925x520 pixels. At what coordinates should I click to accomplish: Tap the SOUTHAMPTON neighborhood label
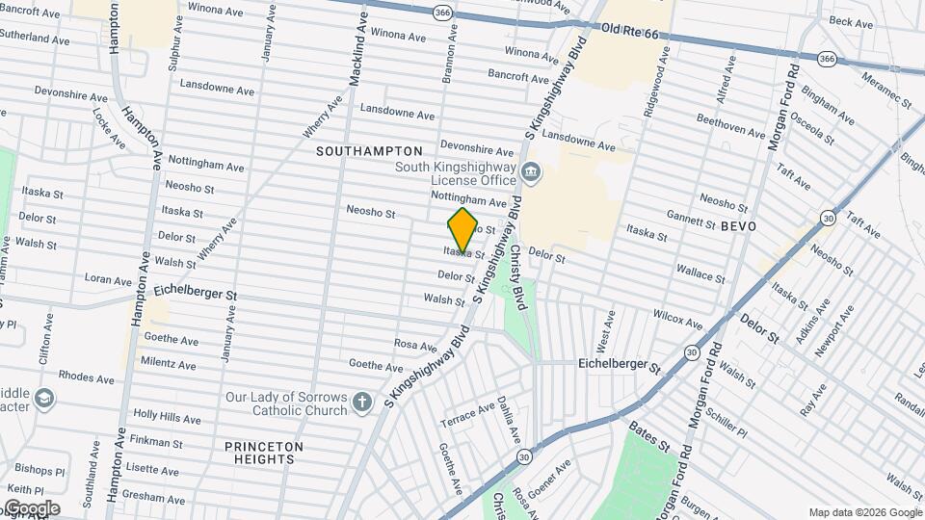pos(369,151)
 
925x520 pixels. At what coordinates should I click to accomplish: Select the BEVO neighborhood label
pos(738,224)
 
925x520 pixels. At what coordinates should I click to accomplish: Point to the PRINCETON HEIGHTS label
pos(264,453)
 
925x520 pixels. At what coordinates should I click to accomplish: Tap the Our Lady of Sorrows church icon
pos(361,402)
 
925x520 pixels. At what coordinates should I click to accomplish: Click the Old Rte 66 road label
pos(629,34)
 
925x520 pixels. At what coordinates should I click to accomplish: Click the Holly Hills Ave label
pos(167,417)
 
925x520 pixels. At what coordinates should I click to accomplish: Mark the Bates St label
pos(648,437)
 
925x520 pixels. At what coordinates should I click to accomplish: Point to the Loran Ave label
pos(107,279)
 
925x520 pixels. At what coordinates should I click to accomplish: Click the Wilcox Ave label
pos(677,317)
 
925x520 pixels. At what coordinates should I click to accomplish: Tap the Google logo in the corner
pos(31,508)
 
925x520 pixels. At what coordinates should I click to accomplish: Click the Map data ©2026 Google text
pos(864,512)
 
